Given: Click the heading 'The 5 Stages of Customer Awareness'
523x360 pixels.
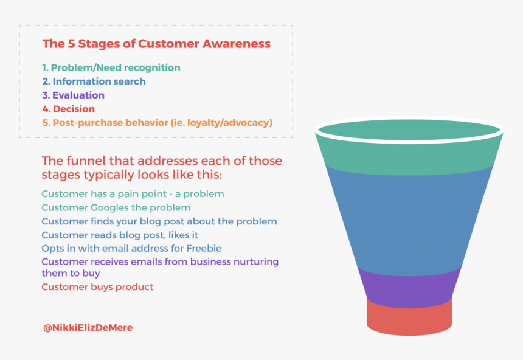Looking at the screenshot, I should [x=156, y=44].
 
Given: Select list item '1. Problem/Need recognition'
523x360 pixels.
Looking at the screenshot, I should [x=111, y=67].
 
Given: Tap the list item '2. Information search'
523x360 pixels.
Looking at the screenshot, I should [x=94, y=81].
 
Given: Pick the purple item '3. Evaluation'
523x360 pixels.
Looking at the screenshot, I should [x=73, y=95].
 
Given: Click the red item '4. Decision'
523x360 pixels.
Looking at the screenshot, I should [x=68, y=109].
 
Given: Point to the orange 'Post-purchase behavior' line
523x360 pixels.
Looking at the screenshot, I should [x=157, y=123].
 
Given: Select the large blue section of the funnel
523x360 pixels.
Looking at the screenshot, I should [x=409, y=219].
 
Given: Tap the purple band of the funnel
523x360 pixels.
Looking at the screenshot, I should [x=409, y=286].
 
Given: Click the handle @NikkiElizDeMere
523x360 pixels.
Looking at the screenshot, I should [x=88, y=327].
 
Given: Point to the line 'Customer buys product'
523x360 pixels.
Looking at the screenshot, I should [x=97, y=286].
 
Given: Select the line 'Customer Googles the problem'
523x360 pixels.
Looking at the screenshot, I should [x=116, y=207].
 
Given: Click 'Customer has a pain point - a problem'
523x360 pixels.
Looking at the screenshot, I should [x=133, y=194].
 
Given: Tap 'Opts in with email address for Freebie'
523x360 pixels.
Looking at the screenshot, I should [x=131, y=248].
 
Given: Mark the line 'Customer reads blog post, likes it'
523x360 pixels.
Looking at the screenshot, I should [x=120, y=235].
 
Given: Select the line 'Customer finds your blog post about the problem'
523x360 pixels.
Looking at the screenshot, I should [x=159, y=221].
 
